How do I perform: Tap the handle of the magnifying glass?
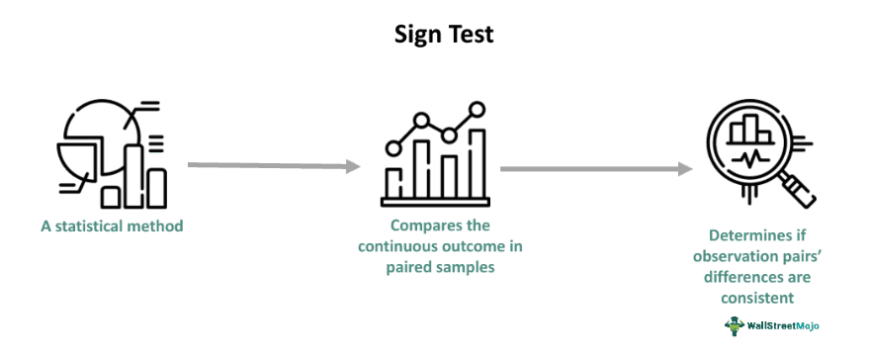click(802, 195)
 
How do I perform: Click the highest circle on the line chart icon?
click(478, 108)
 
